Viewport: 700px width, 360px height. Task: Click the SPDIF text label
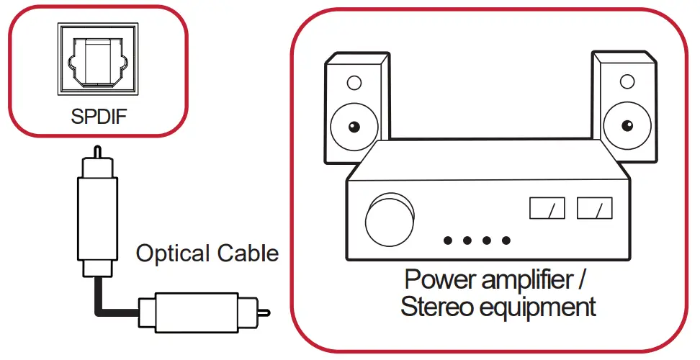[x=99, y=116]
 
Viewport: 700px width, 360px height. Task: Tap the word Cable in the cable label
[x=247, y=253]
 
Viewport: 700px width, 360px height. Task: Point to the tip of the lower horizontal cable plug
[x=266, y=312]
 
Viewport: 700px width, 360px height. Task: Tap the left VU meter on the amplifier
[x=547, y=209]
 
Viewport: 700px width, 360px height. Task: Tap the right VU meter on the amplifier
[x=594, y=209]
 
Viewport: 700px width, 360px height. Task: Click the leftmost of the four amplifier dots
[x=448, y=240]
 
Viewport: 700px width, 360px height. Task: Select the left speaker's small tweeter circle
[x=353, y=84]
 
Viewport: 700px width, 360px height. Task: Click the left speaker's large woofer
[x=353, y=128]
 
